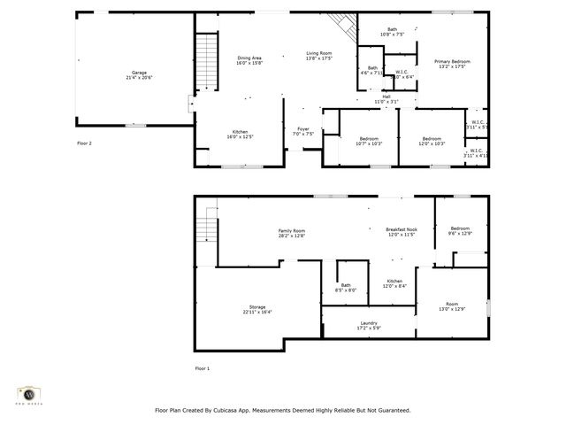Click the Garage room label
(139, 72)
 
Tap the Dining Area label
(249, 58)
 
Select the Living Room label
(318, 53)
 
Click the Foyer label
(302, 129)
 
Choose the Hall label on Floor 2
(386, 97)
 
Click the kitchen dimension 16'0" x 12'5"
(241, 136)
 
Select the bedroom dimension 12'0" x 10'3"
(432, 143)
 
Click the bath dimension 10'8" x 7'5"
(393, 35)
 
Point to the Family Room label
(292, 230)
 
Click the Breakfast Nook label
(401, 230)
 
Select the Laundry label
(369, 323)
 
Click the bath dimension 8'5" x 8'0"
(346, 290)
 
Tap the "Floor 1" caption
(203, 367)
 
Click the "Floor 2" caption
(84, 142)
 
